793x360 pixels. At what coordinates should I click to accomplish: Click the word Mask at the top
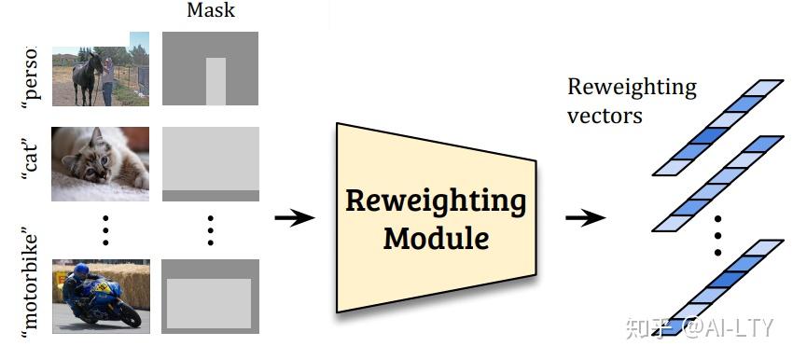pyautogui.click(x=210, y=12)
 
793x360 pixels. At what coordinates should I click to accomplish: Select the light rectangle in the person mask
pyautogui.click(x=216, y=81)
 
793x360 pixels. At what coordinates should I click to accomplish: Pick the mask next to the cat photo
pyautogui.click(x=210, y=164)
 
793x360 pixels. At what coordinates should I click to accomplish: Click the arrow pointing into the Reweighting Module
pyautogui.click(x=295, y=217)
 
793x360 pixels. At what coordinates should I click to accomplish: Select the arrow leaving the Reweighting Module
pyautogui.click(x=585, y=217)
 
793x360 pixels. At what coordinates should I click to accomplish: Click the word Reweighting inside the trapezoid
pyautogui.click(x=436, y=201)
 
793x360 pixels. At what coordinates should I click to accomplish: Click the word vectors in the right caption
pyautogui.click(x=605, y=116)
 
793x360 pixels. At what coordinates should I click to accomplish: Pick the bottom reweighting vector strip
pyautogui.click(x=718, y=284)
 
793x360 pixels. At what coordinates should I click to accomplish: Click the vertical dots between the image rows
pyautogui.click(x=105, y=228)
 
